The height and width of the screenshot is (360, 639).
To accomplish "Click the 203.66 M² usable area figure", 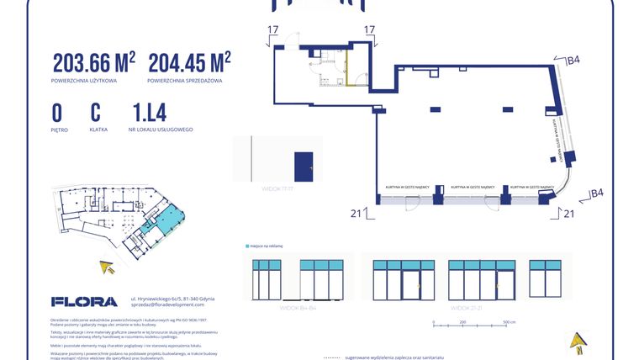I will pos(93,63).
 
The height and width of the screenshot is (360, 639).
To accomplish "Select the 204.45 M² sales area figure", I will pos(189,63).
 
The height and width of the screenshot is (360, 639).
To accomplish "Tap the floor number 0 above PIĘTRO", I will pos(57,113).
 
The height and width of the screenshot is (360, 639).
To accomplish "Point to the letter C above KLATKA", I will pos(96,113).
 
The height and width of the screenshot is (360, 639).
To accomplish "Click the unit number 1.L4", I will pos(149,113).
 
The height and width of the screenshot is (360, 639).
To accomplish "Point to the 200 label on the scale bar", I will pos(462,322).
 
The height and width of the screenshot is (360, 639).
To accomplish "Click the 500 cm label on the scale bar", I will pos(508,322).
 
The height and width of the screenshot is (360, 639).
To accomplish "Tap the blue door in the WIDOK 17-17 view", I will pos(303,165).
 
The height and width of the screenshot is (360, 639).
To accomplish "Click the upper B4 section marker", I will pos(573,60).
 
